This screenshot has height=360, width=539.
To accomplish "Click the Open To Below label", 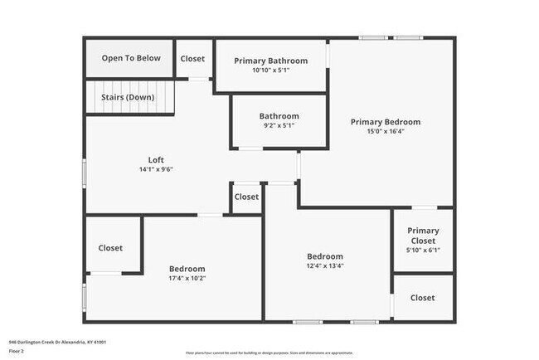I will pos(131,58).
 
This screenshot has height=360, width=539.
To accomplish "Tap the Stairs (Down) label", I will pos(128,97).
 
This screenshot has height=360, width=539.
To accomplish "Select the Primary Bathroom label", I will pos(270,61).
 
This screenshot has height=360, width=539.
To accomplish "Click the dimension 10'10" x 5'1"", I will pos(270,71).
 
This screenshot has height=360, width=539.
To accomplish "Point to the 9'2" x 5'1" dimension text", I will pos(279,126).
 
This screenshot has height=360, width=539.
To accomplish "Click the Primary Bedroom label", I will pos(386,121).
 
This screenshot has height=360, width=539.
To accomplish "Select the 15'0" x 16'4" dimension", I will pos(386,131).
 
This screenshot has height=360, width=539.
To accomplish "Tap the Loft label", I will pos(156,159).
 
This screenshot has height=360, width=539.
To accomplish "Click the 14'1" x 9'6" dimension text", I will pos(156,169).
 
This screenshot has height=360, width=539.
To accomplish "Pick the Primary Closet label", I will pos(422,236).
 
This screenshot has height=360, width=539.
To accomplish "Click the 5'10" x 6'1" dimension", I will pos(422,251).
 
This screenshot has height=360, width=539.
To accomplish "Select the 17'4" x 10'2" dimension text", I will pos(187,279).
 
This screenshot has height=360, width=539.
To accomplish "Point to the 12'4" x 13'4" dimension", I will pos(325,266).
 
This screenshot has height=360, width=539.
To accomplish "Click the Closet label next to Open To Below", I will pos(192,59).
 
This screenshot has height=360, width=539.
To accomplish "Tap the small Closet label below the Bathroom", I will pos(246,197).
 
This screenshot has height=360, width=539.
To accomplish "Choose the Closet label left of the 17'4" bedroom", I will pos(110,248).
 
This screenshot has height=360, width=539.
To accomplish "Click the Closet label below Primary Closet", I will pos(422,298).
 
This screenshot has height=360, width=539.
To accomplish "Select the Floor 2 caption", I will pos(17,350).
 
